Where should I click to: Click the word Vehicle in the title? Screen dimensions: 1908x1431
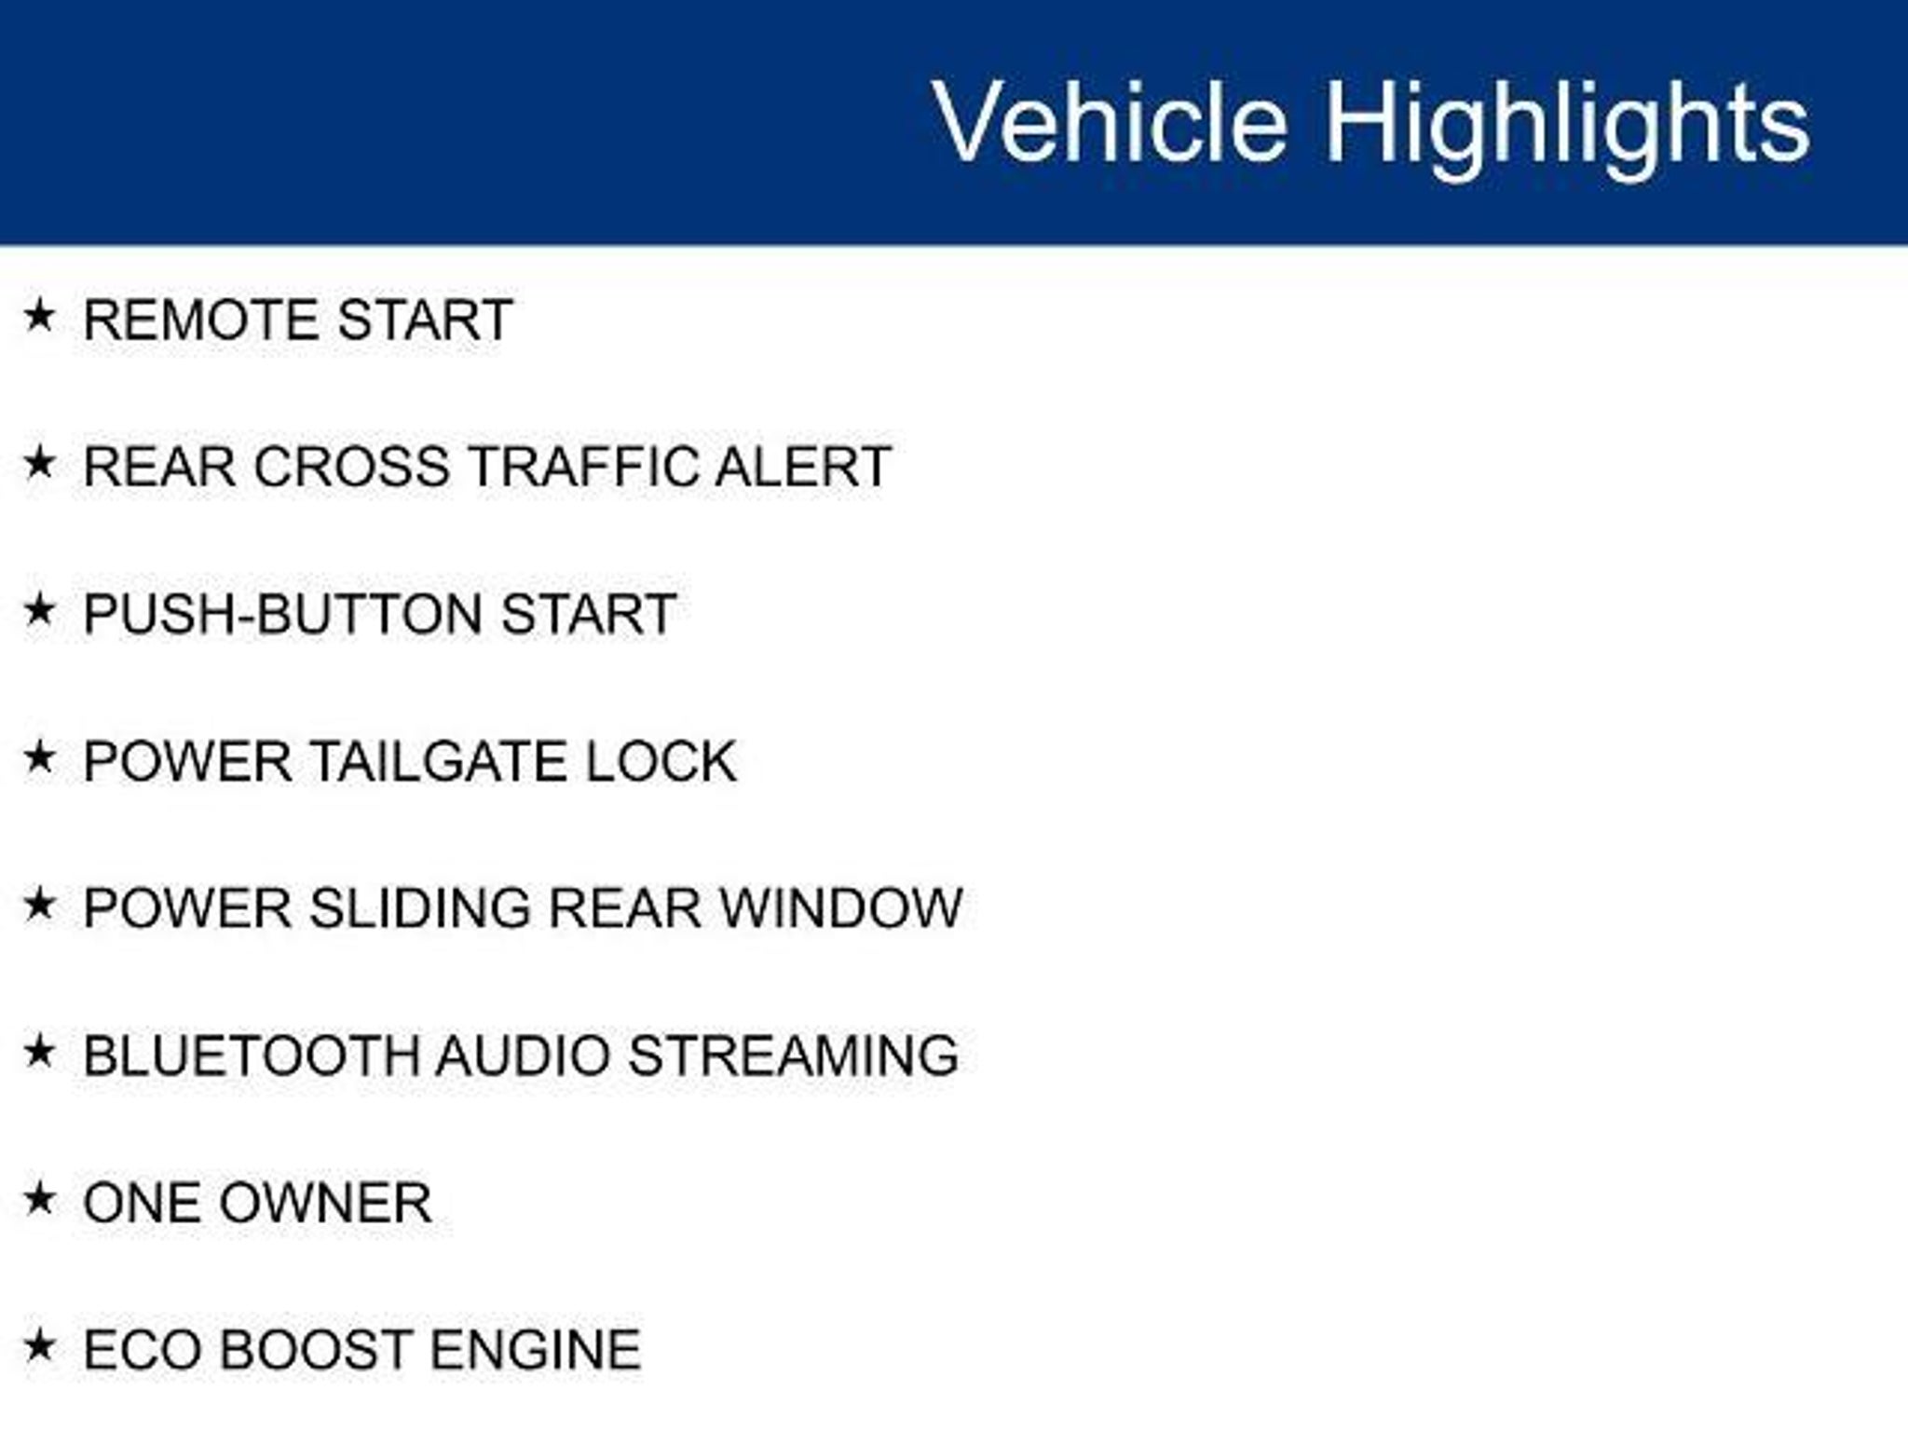[1110, 122]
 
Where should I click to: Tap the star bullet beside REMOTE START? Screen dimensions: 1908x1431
[39, 316]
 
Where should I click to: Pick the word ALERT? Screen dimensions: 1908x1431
[803, 466]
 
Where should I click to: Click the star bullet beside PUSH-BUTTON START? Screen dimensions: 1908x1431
[39, 610]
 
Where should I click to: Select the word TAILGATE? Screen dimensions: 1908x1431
[437, 761]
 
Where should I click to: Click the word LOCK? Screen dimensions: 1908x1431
[661, 761]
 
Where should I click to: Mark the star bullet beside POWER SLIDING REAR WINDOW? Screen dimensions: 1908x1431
[39, 905]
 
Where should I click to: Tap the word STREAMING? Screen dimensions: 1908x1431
[794, 1056]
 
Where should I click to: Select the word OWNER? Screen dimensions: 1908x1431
[325, 1203]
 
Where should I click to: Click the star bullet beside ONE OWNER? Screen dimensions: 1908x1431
[39, 1199]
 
